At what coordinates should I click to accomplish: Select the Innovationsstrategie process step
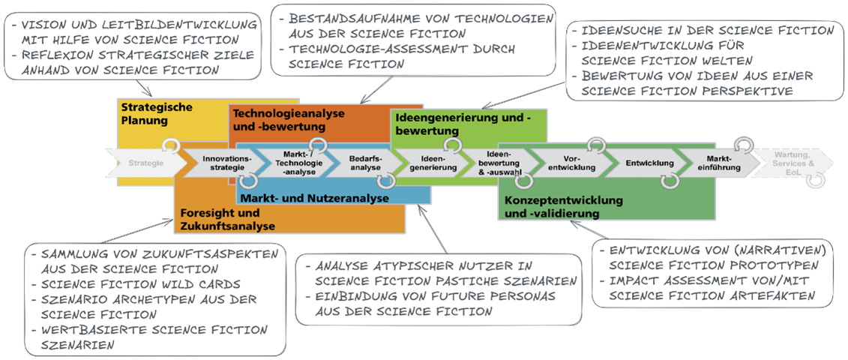223,163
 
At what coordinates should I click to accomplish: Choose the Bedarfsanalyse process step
365,163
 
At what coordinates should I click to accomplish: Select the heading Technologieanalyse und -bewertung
288,118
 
